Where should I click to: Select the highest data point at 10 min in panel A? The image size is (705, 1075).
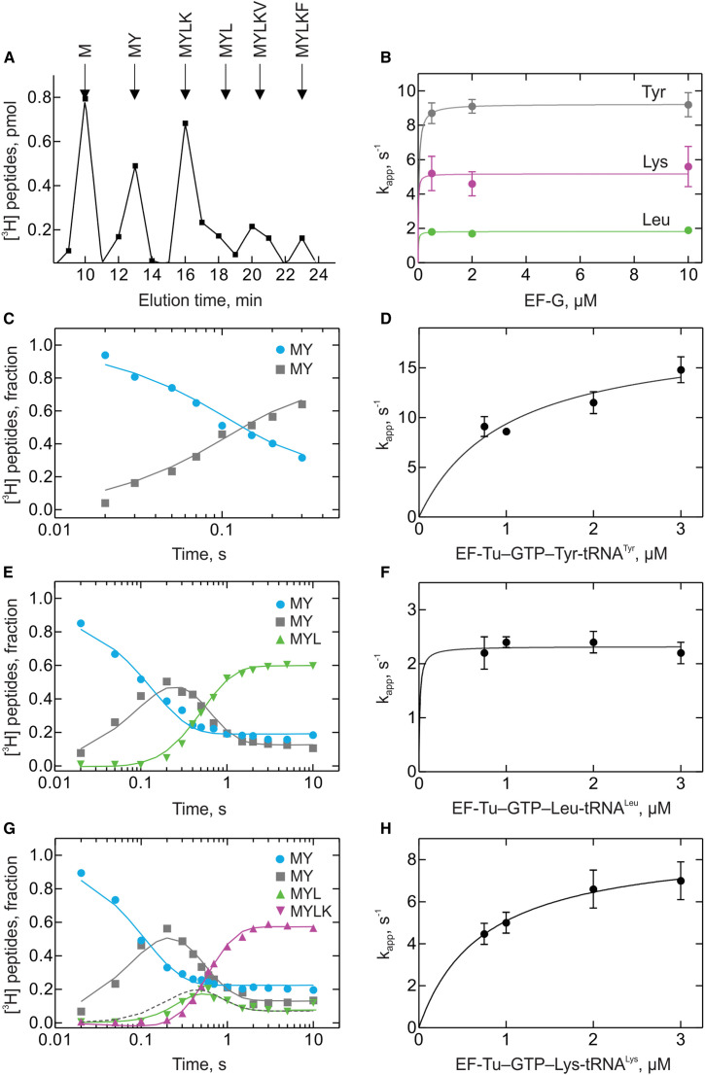[x=85, y=97]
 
